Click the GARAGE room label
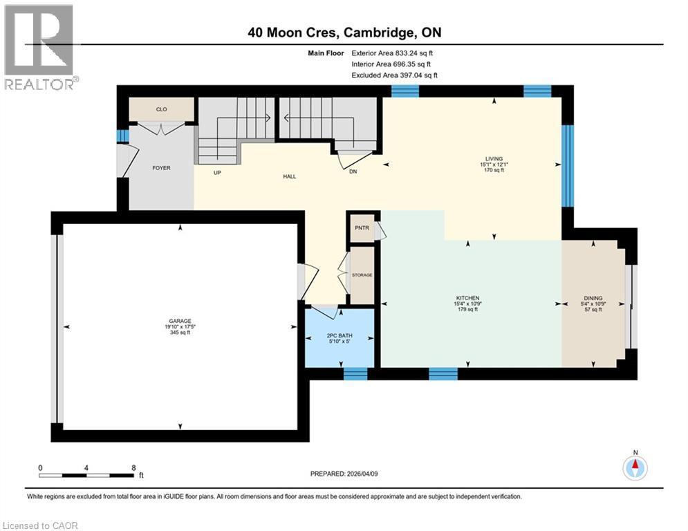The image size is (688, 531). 180,321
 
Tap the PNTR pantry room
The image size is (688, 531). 360,227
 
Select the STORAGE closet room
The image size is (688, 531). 361,275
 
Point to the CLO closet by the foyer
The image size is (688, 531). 161,109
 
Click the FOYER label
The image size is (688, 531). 161,168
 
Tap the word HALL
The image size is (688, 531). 289,177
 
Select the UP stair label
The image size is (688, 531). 217,173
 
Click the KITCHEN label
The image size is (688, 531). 467,298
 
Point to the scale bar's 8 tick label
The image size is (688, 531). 133,467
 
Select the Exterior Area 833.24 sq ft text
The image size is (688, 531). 393,53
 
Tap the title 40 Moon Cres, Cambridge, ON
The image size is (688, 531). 344,32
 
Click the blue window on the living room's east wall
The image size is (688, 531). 567,166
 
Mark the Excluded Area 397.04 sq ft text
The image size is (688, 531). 394,75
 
